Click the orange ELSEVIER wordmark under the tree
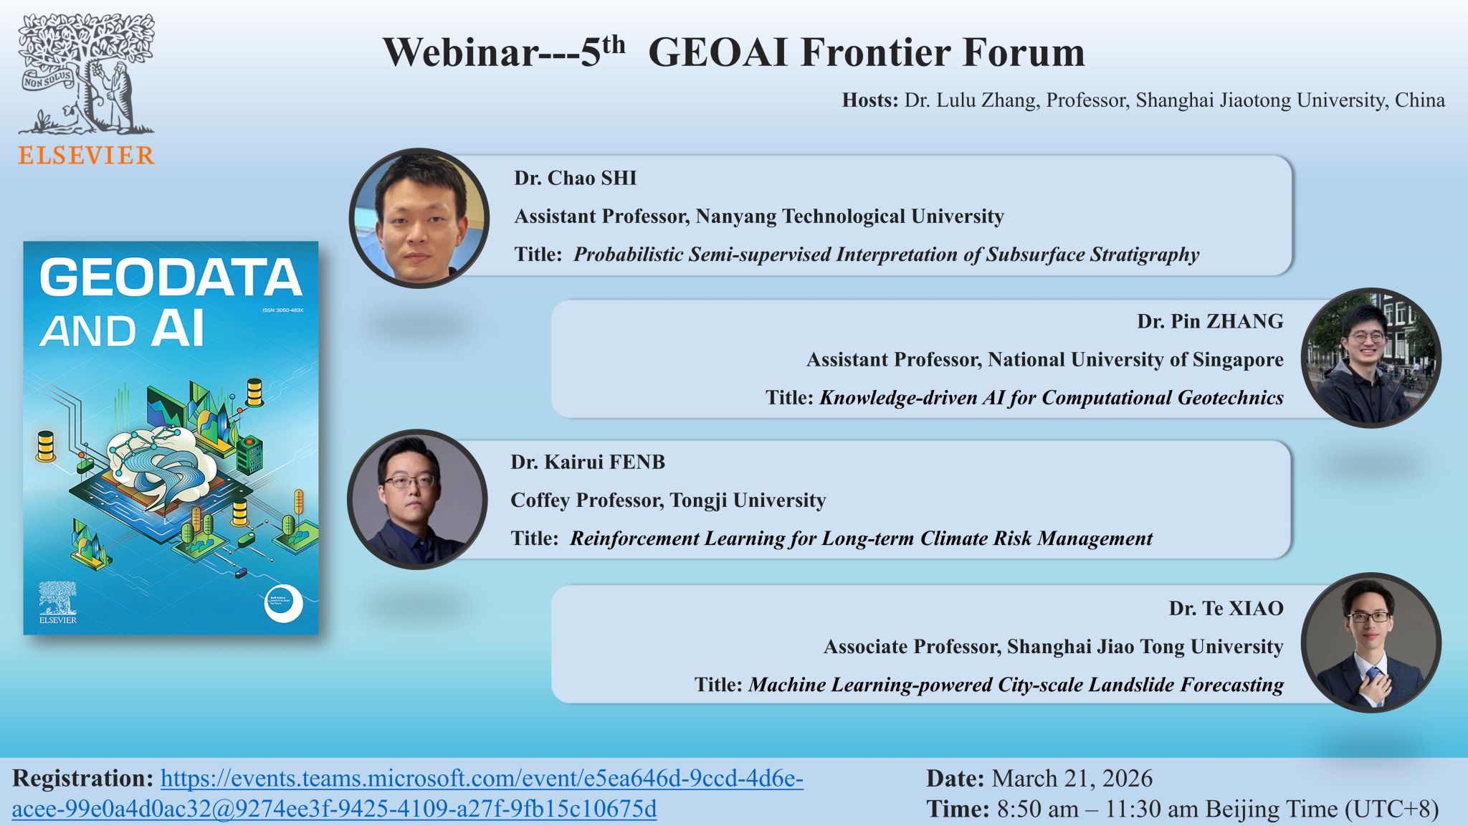point(86,156)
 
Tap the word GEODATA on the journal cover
point(170,278)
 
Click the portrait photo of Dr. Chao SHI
point(419,218)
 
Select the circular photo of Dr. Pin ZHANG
point(1371,358)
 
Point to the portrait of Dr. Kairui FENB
point(417,499)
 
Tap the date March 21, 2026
point(1072,779)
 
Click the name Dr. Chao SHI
point(575,178)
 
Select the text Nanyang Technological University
point(849,216)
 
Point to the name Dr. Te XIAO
point(1226,608)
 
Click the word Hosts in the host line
point(869,100)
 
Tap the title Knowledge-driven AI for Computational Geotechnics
point(1051,397)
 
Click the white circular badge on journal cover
point(283,604)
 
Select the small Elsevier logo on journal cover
point(57,602)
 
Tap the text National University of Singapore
point(1135,359)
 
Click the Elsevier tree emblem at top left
point(86,75)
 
